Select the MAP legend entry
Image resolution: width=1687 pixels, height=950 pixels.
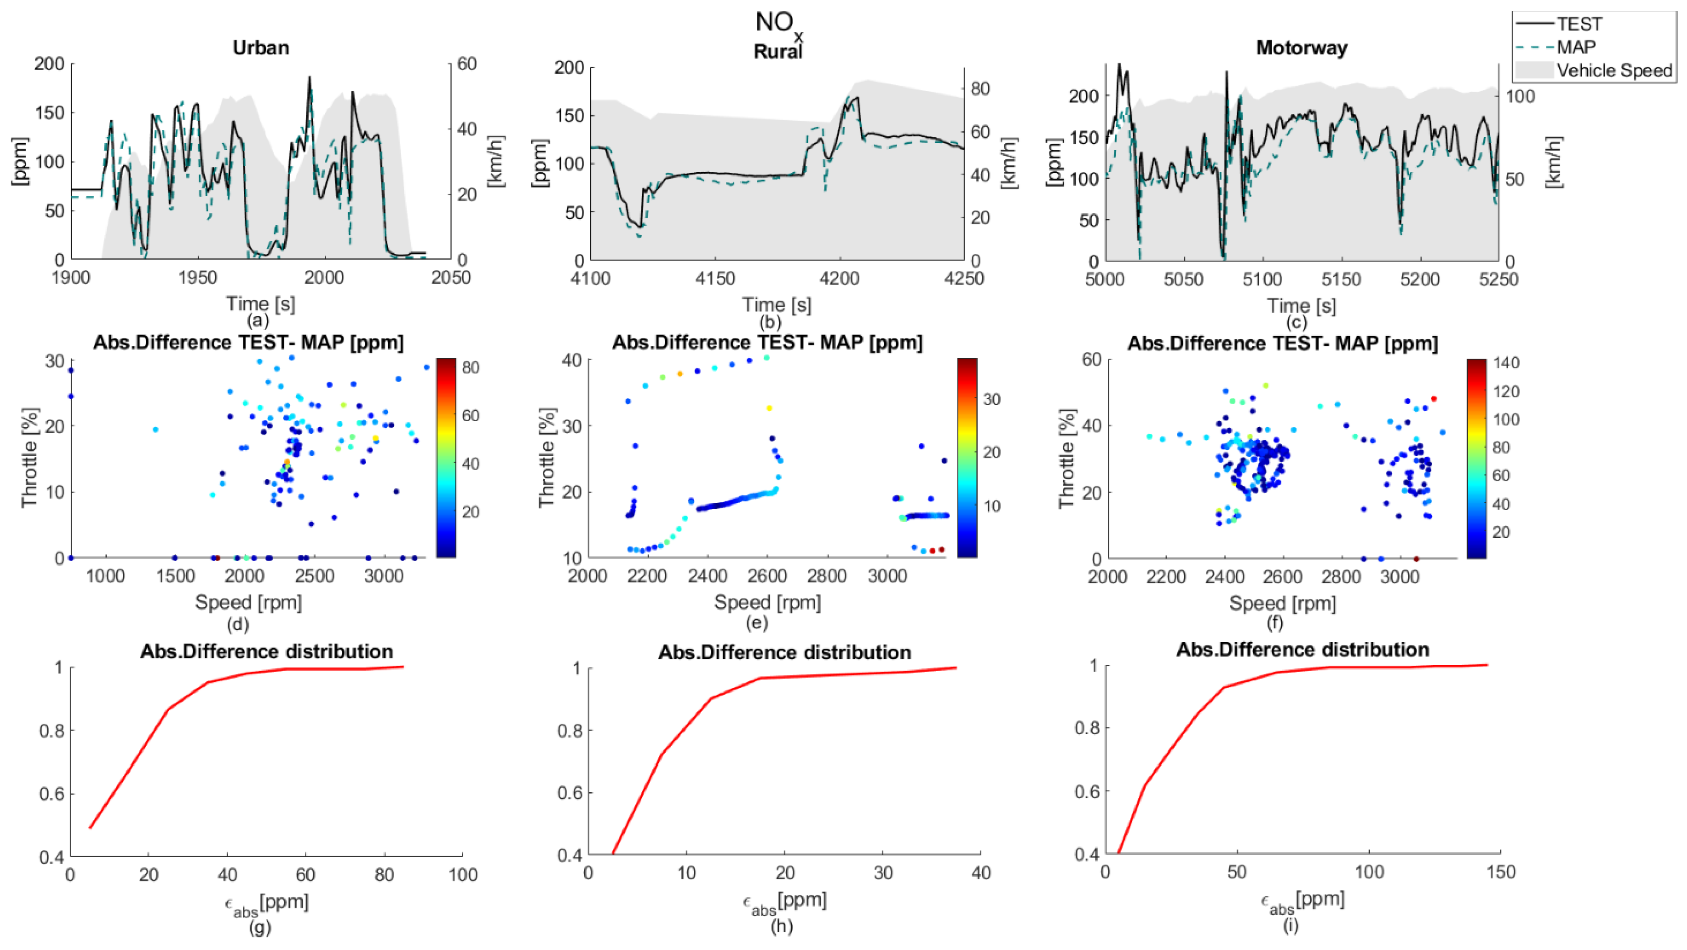coord(1576,47)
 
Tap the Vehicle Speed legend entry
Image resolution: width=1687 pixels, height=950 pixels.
coord(1614,70)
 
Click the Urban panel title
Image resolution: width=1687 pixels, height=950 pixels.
coord(261,48)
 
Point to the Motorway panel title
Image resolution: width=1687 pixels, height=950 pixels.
coord(1301,48)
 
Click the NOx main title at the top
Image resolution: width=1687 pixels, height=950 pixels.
coord(778,23)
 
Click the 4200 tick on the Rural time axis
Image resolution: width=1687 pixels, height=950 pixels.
coord(840,279)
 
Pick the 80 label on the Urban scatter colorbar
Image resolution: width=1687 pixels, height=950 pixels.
coord(470,368)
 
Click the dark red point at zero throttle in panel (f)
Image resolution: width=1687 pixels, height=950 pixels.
coord(1416,559)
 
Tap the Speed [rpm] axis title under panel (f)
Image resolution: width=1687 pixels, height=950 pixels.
coord(1282,603)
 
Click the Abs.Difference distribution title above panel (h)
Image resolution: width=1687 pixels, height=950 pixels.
coord(785,653)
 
